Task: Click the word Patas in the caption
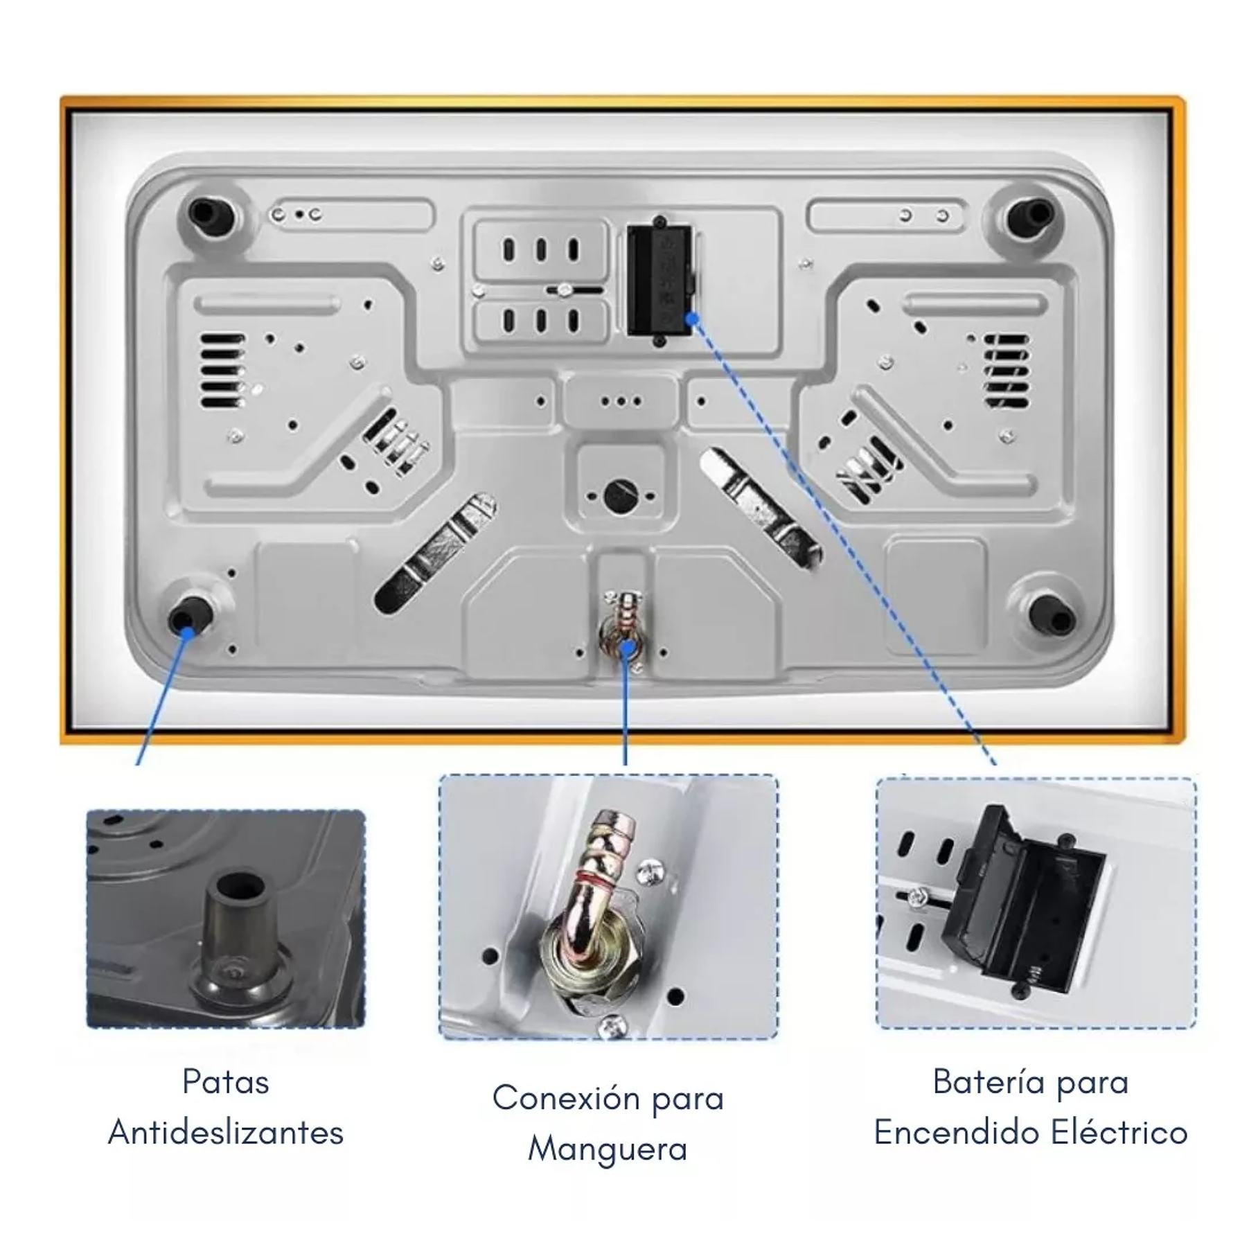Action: tap(225, 1082)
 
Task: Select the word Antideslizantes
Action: tap(225, 1133)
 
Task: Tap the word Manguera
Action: tap(608, 1149)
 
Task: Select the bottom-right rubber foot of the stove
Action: tap(1050, 614)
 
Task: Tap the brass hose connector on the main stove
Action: tap(626, 627)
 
